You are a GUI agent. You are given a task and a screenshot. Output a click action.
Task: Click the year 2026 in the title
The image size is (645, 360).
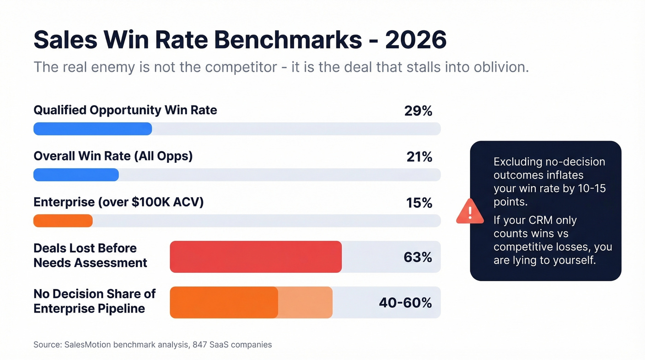tap(416, 40)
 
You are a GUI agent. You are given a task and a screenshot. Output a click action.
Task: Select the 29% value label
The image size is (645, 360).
tap(419, 111)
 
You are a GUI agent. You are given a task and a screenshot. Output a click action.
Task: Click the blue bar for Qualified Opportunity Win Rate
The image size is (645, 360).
tap(93, 129)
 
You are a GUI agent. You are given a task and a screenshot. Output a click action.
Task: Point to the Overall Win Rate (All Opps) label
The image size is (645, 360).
tap(113, 156)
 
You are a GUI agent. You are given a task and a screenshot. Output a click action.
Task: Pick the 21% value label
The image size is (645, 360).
tap(419, 157)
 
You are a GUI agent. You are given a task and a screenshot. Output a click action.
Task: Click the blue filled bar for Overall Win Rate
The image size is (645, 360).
tap(76, 175)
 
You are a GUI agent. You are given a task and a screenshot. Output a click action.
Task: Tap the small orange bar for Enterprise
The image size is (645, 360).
tap(63, 221)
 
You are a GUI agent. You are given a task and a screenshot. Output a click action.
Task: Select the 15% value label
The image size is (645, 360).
tap(419, 203)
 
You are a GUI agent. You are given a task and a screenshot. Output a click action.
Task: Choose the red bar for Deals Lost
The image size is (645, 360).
tap(256, 257)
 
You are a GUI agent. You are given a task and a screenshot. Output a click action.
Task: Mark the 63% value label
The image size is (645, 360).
tap(417, 257)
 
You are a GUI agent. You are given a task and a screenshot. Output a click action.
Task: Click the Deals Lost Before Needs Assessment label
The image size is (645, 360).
tap(90, 255)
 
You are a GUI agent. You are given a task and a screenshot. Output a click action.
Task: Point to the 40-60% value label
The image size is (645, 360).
tap(405, 303)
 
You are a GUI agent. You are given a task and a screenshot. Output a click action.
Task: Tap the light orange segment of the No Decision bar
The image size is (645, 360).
tap(305, 302)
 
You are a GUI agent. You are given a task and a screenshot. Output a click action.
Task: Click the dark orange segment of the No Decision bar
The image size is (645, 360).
tap(224, 302)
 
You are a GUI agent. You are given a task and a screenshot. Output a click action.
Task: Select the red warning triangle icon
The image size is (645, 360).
tap(469, 212)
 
